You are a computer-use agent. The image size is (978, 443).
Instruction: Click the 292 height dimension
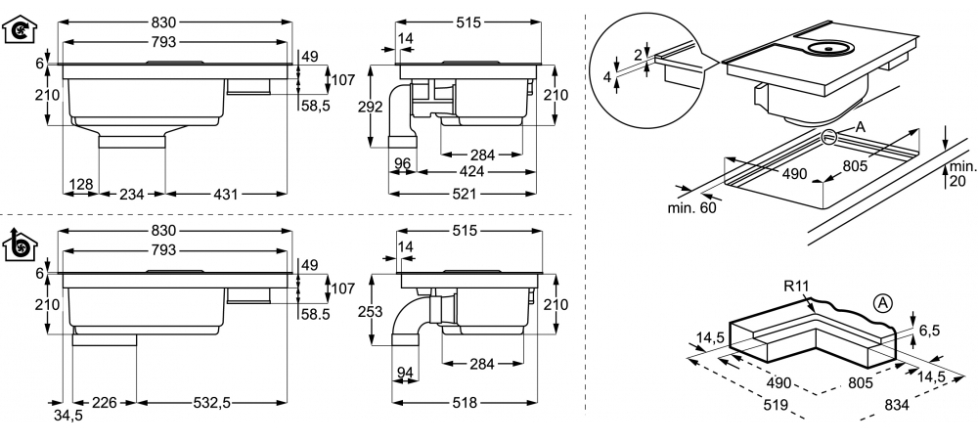(x=371, y=107)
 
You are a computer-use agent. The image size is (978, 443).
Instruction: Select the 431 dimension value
(x=226, y=194)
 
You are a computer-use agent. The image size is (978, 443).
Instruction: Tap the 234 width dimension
(x=132, y=194)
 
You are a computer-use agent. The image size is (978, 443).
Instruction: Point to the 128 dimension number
(x=81, y=184)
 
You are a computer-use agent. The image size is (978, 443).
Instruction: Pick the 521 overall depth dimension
(x=464, y=194)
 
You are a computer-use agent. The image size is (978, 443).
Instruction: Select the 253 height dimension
(x=371, y=310)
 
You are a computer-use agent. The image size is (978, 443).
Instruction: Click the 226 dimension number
(x=105, y=403)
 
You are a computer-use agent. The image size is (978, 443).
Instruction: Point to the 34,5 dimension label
(x=67, y=416)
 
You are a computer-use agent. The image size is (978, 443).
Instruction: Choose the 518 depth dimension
(x=464, y=403)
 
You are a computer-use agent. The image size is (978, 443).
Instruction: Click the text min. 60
(x=692, y=207)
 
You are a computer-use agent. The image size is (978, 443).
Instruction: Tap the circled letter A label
(x=882, y=303)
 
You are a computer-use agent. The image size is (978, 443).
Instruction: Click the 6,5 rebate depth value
(x=929, y=331)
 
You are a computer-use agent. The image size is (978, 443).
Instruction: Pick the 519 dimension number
(x=776, y=406)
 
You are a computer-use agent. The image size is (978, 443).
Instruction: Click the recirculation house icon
(x=20, y=30)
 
